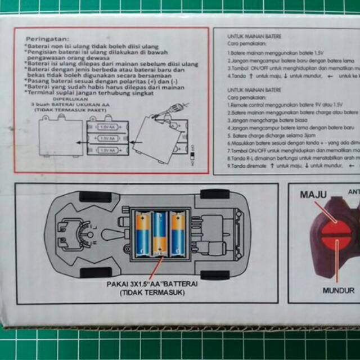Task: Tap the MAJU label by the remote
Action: [x=314, y=195]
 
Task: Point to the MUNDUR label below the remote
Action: [x=338, y=291]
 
